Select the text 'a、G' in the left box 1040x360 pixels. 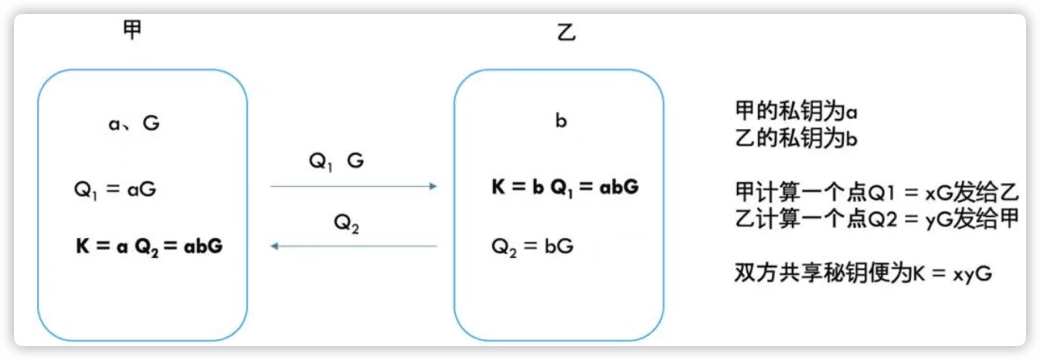point(134,123)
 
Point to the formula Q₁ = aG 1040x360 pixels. point(115,190)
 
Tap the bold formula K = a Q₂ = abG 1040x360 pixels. point(148,246)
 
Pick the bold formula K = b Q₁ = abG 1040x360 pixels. point(565,188)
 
